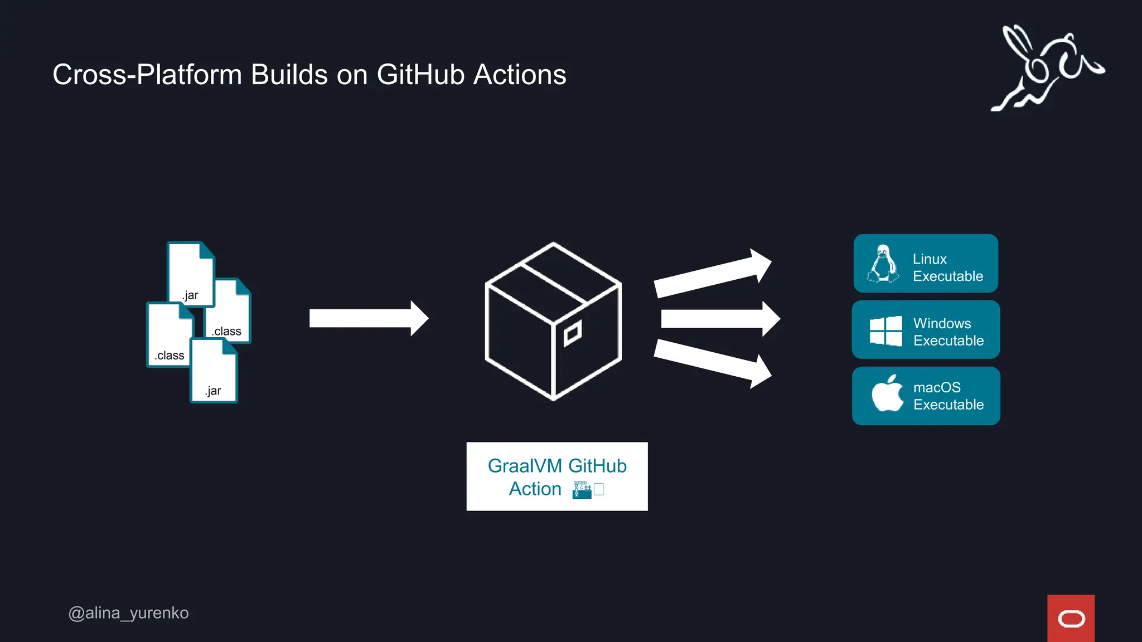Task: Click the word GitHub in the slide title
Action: coord(420,75)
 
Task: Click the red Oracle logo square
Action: coord(1071,618)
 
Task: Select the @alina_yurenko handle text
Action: coord(128,613)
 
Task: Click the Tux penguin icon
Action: coord(883,264)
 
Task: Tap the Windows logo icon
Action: coord(885,331)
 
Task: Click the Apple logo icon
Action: coord(887,394)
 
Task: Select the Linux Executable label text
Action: coord(947,267)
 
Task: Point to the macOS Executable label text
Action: coord(948,396)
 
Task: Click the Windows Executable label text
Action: coord(948,332)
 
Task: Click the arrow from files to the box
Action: coord(368,318)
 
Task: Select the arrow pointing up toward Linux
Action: coord(713,273)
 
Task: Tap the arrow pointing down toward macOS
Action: coord(713,363)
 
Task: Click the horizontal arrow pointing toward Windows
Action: coord(719,319)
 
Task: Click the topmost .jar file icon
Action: coord(190,273)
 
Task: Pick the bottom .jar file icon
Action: coord(214,371)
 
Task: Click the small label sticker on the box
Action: coord(572,333)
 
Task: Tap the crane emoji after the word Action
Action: coord(582,490)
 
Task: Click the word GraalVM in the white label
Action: coord(524,466)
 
